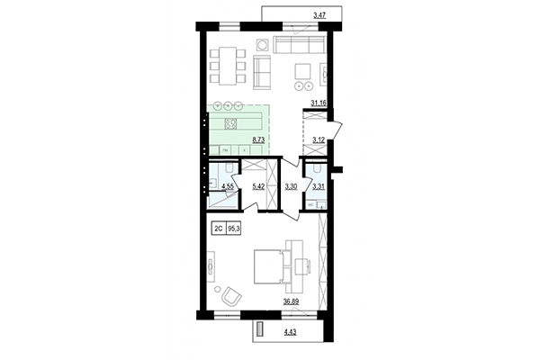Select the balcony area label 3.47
(319, 15)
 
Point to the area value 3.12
(318, 140)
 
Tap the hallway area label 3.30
(291, 187)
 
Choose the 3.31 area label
(318, 187)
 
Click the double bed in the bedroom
(269, 267)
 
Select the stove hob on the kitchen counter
(230, 122)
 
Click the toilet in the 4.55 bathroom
(229, 167)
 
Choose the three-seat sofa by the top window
(297, 46)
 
